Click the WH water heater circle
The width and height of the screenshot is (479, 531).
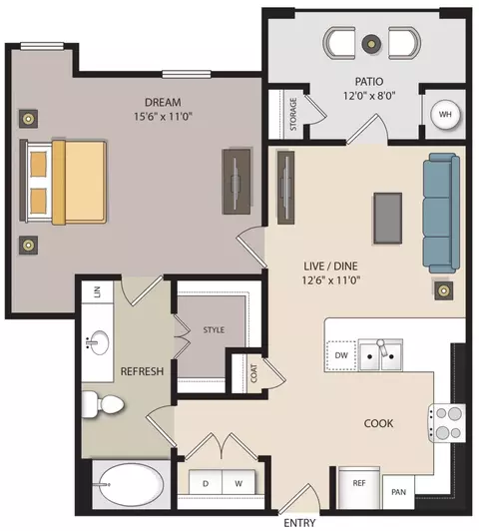coord(445,115)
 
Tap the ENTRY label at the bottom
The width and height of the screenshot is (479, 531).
coord(299,523)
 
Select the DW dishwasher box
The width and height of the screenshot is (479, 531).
coord(341,355)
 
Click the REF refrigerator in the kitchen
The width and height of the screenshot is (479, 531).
coord(359,488)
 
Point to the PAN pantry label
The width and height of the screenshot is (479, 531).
coord(398,492)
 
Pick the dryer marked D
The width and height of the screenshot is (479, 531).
coord(206,482)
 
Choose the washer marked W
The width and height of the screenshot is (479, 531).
coord(239,482)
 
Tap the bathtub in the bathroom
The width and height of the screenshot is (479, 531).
coord(131,485)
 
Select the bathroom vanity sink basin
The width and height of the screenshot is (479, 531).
coord(100,342)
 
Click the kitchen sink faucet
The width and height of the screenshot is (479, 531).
coord(382,347)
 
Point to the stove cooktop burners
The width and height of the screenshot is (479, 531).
coord(448,423)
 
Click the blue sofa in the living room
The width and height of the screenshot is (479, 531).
coord(441,213)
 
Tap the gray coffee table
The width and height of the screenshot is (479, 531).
coord(388,218)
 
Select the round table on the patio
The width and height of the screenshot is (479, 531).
coord(371,43)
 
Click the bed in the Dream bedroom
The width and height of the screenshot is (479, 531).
coord(63,182)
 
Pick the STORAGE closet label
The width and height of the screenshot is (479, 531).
coord(293,114)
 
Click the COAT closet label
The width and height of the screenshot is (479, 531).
coord(253,373)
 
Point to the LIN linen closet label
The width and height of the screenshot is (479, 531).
coord(97,291)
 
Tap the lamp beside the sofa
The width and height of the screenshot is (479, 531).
coord(444,290)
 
